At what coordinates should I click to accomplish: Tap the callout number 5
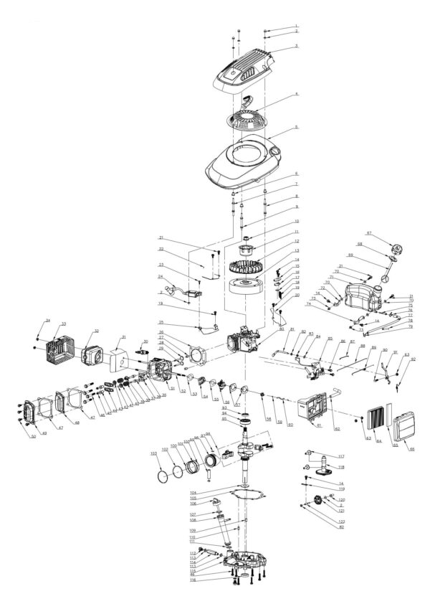297,128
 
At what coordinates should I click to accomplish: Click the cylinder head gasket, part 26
192,353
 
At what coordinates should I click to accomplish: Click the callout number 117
342,456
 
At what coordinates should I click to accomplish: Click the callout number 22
161,249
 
